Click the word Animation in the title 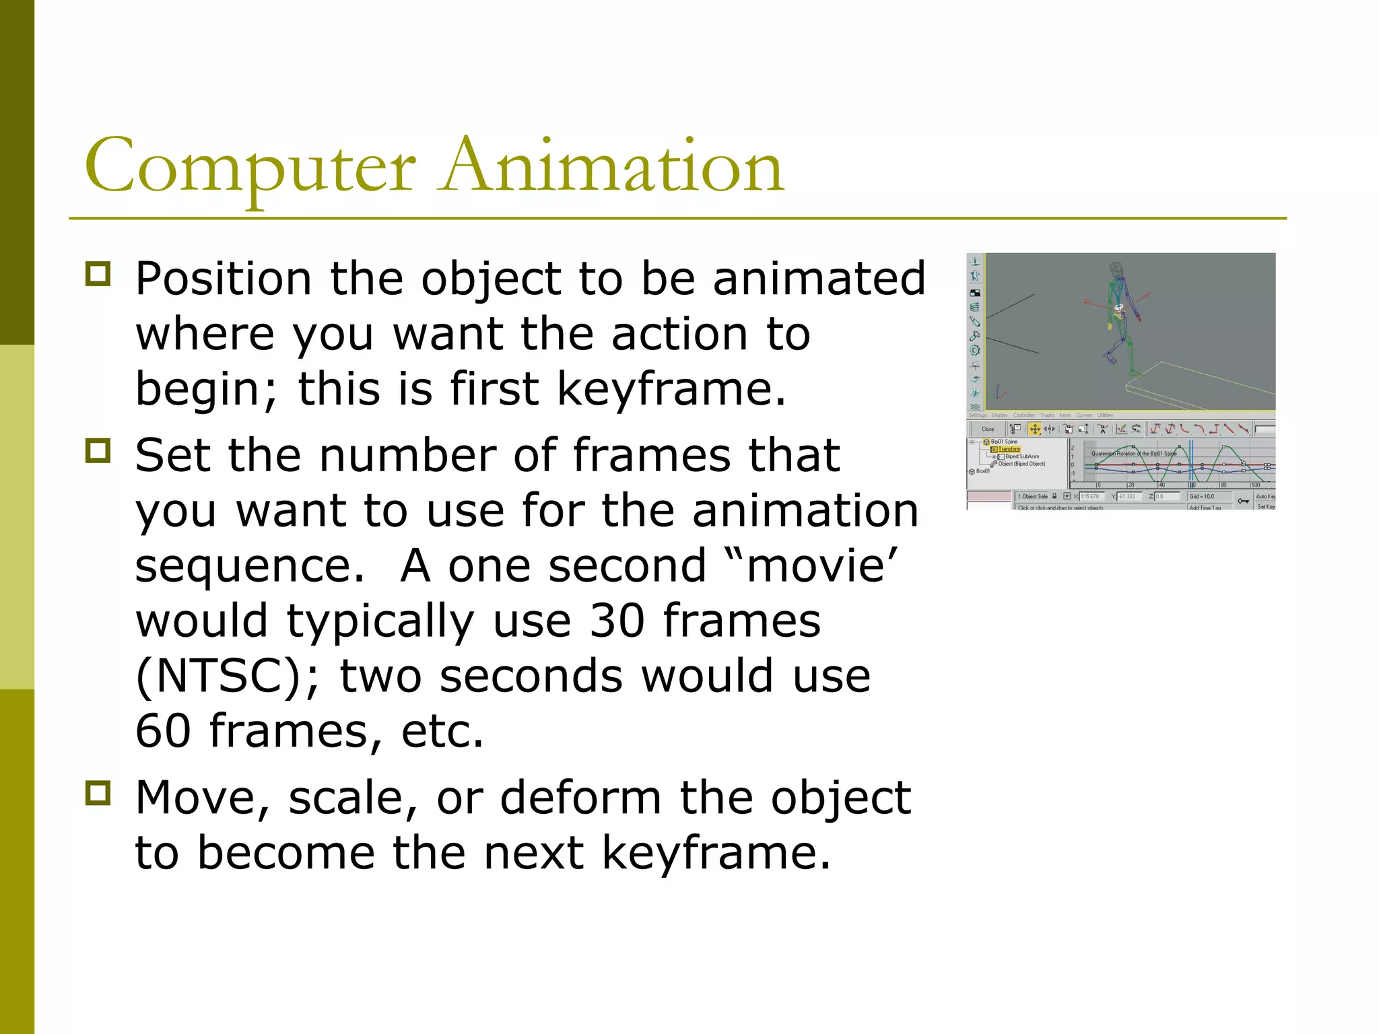(x=612, y=166)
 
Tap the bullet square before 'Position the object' (x=98, y=275)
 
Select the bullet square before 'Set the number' (x=98, y=451)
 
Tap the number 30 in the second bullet (x=617, y=621)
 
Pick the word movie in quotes (x=815, y=565)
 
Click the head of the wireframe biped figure (x=1117, y=269)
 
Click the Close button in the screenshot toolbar (x=988, y=429)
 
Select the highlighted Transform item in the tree (x=1009, y=449)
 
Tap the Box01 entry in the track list (x=982, y=471)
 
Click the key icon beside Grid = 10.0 (x=1243, y=500)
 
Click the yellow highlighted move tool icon (x=1035, y=429)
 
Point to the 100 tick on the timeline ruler (x=1255, y=485)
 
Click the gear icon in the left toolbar (x=975, y=350)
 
